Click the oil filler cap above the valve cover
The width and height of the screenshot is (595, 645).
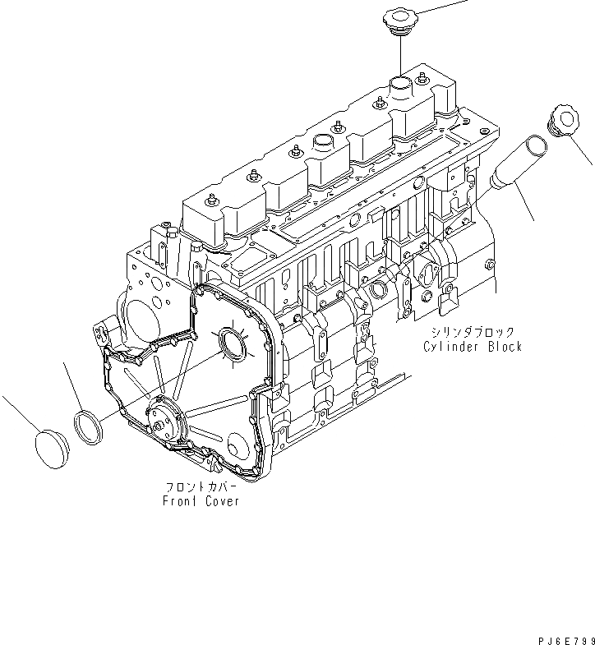(400, 21)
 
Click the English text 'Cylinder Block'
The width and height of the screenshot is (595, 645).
(473, 347)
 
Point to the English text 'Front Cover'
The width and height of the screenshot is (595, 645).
(201, 500)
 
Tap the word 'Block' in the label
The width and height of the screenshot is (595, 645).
(504, 347)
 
